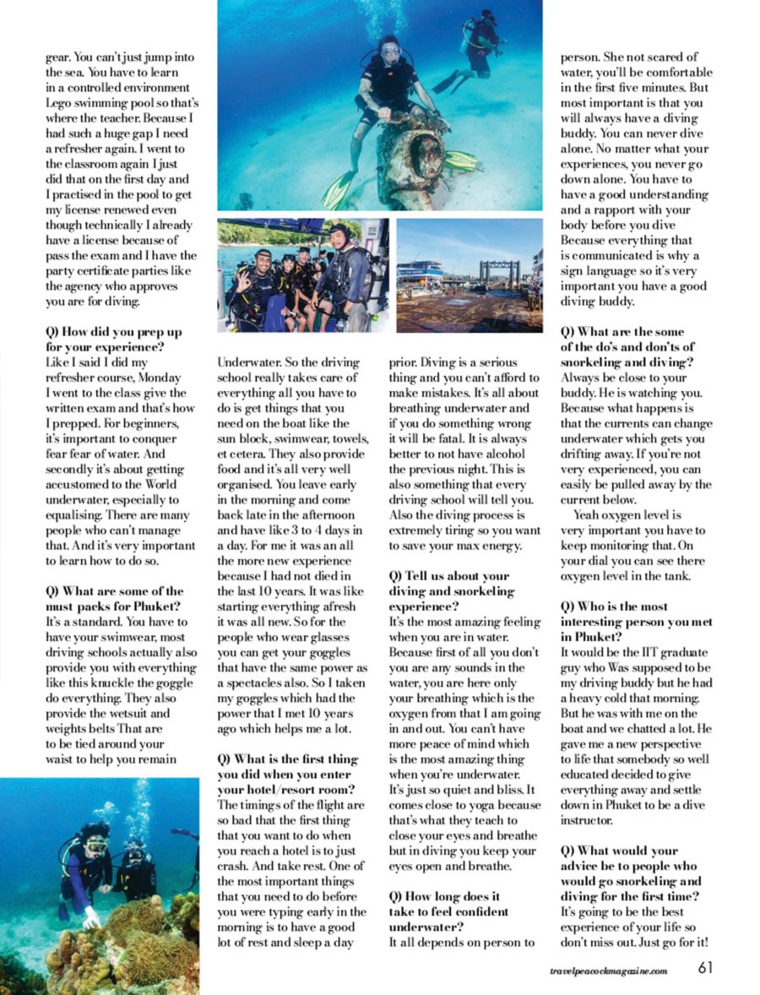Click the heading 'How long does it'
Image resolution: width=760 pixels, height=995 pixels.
(x=445, y=896)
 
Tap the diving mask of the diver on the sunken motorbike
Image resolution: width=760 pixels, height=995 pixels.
(x=391, y=51)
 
